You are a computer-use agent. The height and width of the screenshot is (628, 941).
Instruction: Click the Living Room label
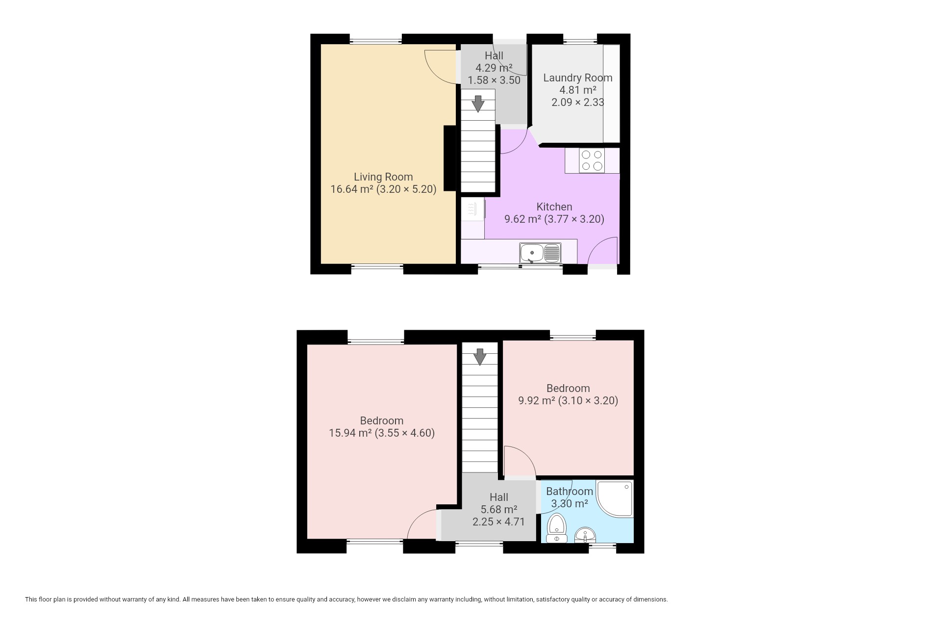383,177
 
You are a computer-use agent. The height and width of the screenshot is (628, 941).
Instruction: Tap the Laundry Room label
578,78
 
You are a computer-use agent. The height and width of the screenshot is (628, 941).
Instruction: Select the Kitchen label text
554,207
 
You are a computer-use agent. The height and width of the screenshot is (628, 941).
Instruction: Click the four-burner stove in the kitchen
592,160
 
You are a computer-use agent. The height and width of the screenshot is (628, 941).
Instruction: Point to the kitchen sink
541,253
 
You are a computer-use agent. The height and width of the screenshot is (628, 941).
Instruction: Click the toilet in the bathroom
557,528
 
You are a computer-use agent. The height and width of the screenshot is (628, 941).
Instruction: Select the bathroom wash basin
585,535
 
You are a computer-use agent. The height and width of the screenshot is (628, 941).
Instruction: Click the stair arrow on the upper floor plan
478,104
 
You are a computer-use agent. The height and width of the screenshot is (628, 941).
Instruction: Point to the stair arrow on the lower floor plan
480,357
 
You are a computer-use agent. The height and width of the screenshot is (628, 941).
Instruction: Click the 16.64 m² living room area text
351,189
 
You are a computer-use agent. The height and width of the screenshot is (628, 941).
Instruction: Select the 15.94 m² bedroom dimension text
382,433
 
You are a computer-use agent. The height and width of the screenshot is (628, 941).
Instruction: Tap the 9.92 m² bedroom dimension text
568,400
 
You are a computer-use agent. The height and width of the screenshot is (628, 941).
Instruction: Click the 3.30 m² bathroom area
570,503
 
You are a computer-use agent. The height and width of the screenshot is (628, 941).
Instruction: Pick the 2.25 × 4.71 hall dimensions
498,522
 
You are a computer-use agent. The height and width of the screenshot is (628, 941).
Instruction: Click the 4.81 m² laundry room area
578,90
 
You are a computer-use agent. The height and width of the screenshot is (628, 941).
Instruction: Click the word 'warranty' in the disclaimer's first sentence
132,599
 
